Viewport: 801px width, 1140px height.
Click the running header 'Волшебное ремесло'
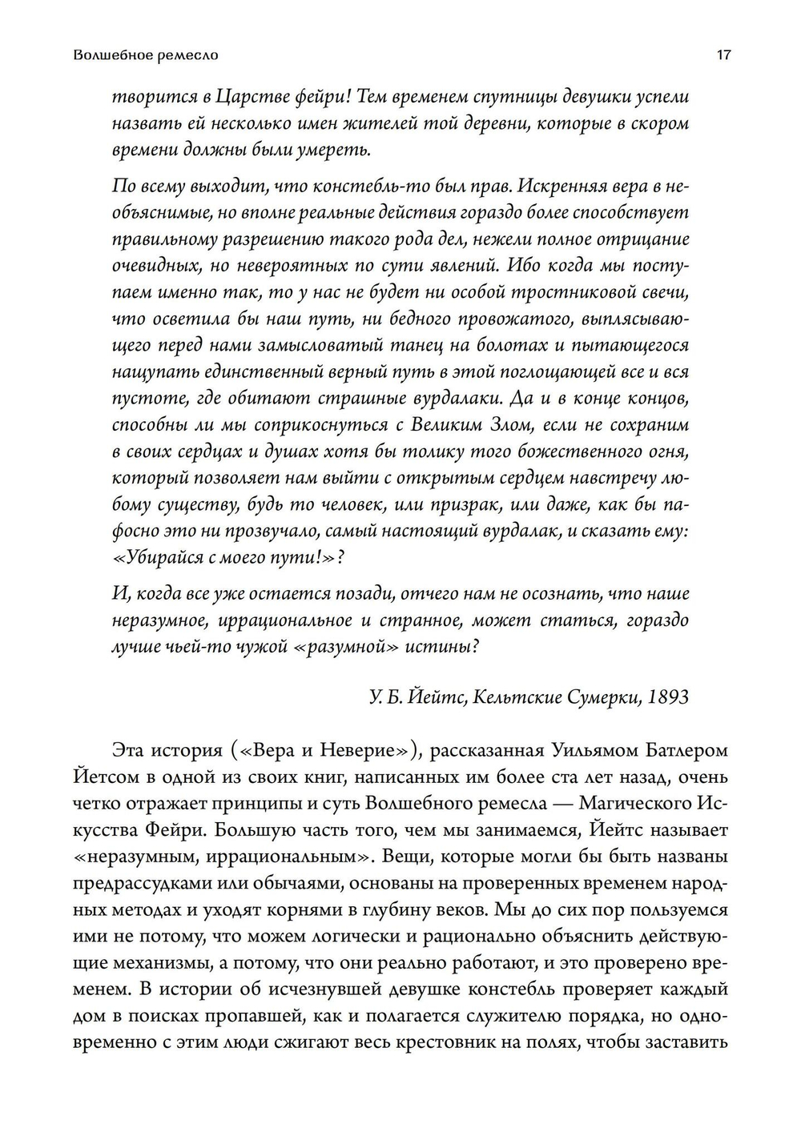145,56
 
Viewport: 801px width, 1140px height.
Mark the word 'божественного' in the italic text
547,451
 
